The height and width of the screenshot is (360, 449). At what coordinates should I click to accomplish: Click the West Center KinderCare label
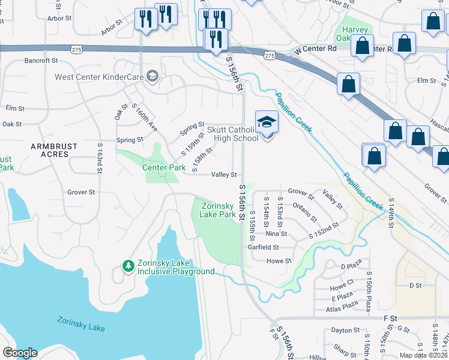99,76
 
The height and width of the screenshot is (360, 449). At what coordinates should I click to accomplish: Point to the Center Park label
164,168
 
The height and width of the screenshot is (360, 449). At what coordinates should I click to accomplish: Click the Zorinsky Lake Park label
217,210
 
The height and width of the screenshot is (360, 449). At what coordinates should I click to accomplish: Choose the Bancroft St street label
41,61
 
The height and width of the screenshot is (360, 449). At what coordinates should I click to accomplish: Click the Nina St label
276,233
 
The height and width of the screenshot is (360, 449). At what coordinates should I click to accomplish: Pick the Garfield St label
264,247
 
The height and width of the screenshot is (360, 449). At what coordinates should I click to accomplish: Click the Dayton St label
345,330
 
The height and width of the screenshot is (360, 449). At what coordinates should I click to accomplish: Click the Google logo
20,353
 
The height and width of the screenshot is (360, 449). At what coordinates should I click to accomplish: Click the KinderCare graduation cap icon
152,76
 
